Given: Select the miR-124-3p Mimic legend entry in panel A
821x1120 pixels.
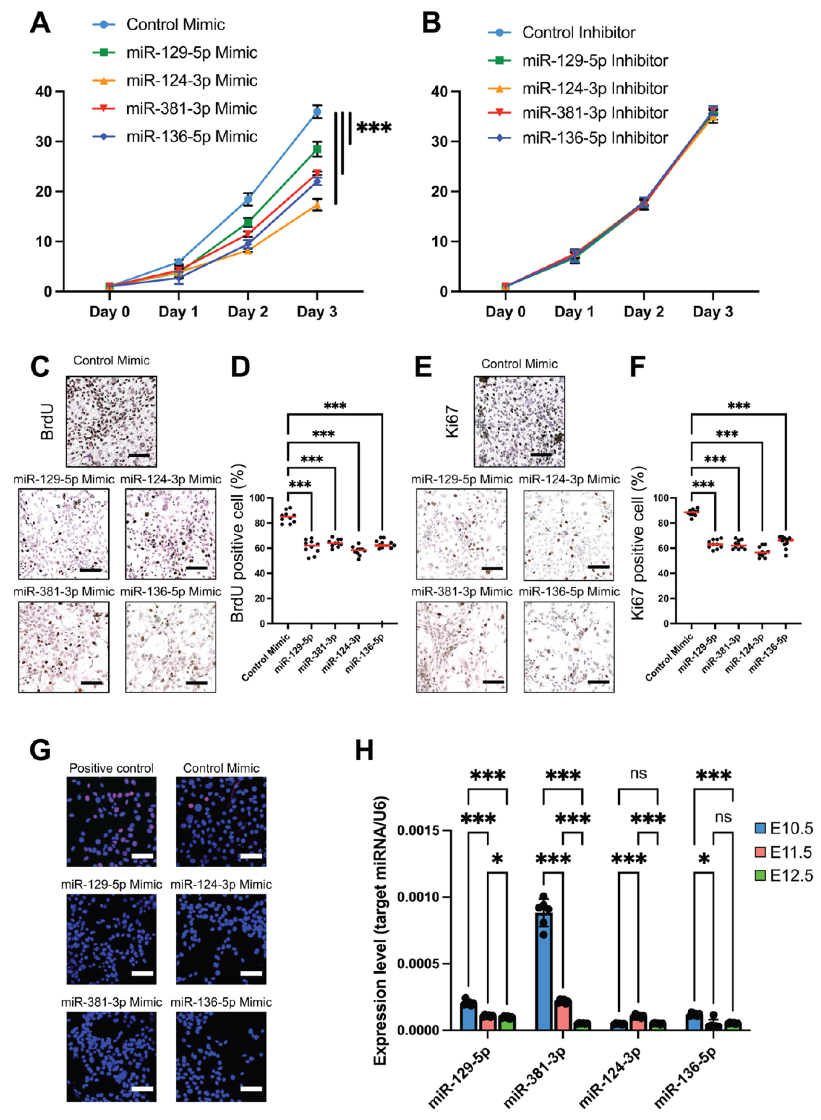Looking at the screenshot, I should tap(191, 81).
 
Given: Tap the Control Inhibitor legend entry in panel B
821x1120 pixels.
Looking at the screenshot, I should tap(578, 33).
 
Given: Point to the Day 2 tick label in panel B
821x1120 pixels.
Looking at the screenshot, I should tap(643, 312).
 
